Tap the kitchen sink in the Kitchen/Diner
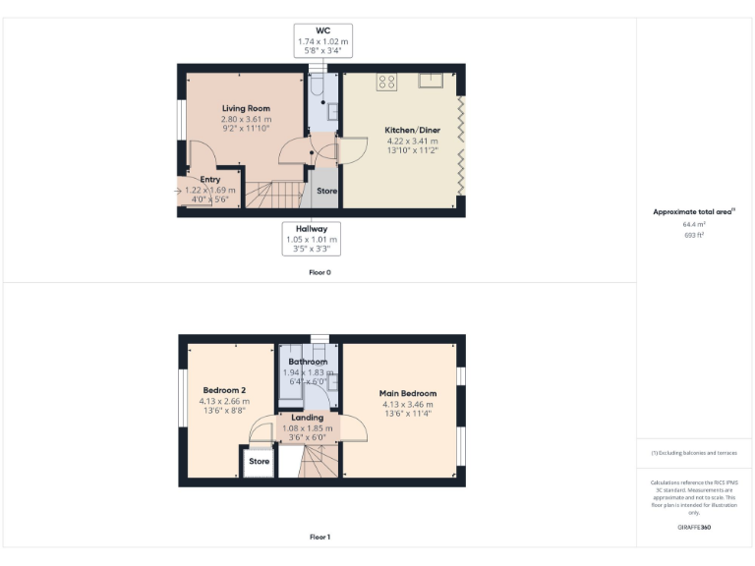click(432, 79)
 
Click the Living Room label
click(246, 108)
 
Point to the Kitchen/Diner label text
click(412, 130)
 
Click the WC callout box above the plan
click(322, 38)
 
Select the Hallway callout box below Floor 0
click(312, 239)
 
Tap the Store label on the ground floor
click(326, 191)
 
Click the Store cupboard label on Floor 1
click(260, 461)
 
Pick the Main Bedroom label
click(408, 393)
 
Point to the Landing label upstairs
click(308, 418)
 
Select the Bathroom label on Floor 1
click(308, 362)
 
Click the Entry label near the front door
click(210, 180)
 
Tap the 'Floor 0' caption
click(319, 272)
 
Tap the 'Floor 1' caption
click(319, 538)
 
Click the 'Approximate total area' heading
click(694, 211)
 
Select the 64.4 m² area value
click(694, 224)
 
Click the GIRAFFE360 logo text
click(694, 528)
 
